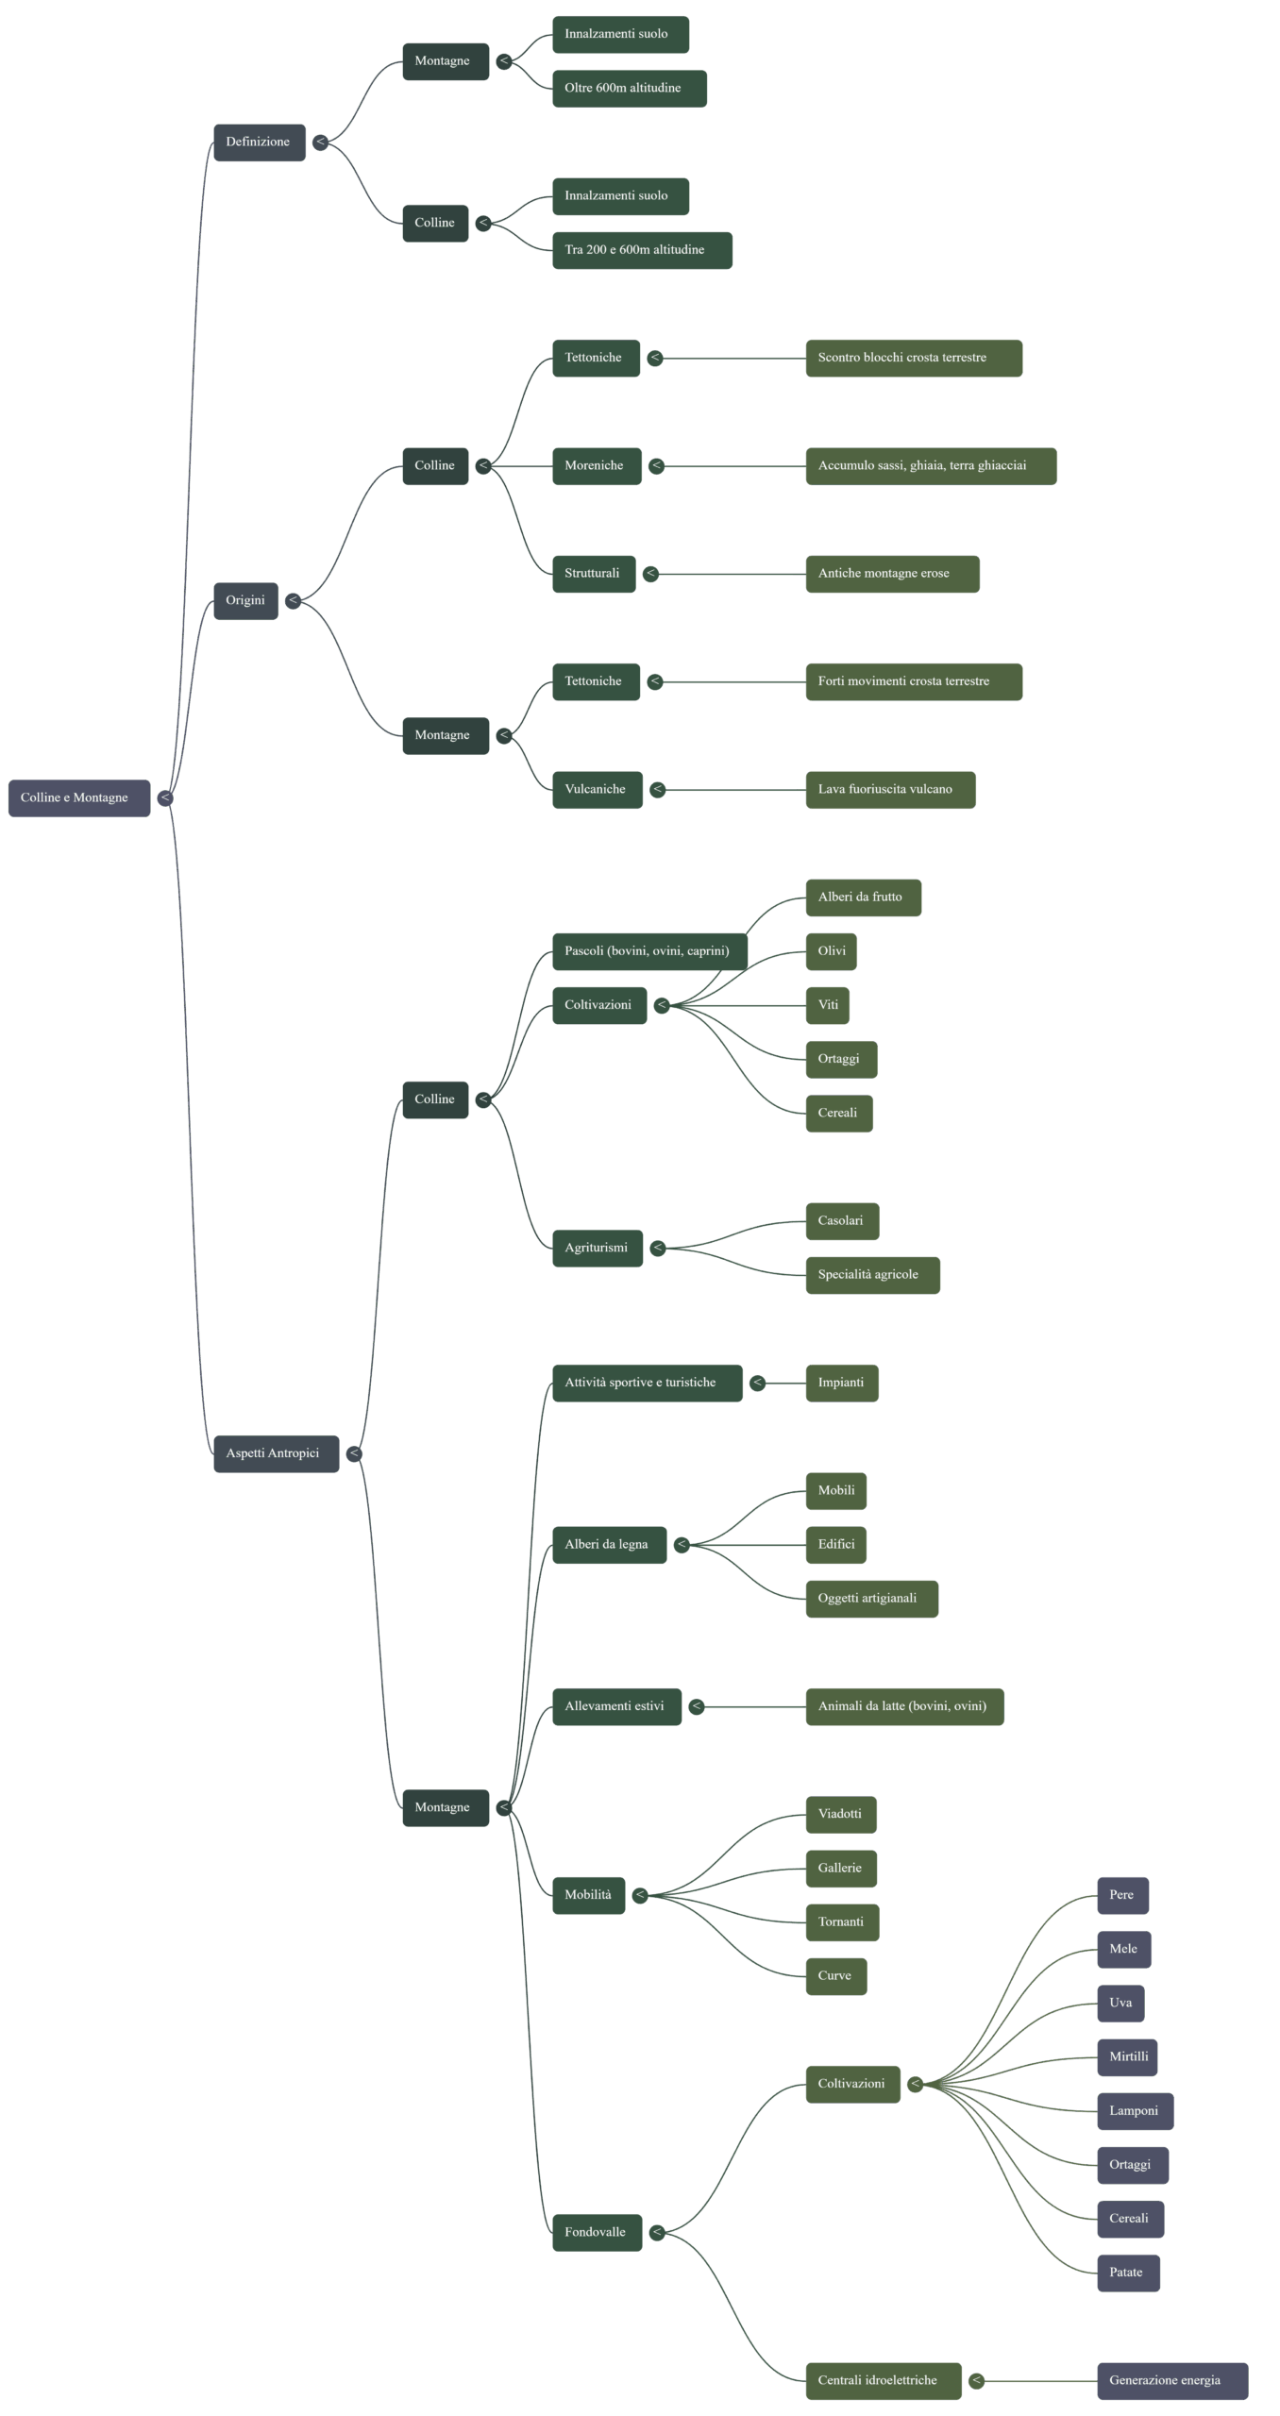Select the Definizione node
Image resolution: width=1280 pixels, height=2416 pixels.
[x=259, y=143]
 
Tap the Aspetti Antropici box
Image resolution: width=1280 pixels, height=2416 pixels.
[x=276, y=1453]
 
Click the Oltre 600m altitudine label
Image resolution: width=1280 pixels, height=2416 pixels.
[x=629, y=89]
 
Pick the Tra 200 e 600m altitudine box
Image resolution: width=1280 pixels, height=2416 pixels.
[x=641, y=250]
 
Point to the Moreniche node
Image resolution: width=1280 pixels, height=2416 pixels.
[x=596, y=466]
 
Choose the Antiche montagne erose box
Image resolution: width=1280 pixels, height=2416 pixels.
[x=891, y=574]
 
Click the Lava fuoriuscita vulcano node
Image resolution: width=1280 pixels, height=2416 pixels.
[x=889, y=790]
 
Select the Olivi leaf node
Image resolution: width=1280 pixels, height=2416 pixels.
[x=831, y=951]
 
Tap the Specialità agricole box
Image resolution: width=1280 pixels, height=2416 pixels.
[x=871, y=1275]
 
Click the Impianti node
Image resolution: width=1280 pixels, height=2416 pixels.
[x=841, y=1383]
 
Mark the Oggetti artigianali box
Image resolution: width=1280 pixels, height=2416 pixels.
[x=870, y=1599]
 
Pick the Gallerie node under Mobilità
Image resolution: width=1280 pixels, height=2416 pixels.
[x=840, y=1869]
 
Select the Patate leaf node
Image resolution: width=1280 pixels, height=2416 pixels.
[x=1127, y=2273]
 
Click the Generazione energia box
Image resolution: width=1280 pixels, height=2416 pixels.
[x=1171, y=2381]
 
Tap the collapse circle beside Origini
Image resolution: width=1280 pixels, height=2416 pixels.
[x=294, y=601]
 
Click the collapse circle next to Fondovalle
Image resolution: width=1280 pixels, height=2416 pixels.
[x=657, y=2233]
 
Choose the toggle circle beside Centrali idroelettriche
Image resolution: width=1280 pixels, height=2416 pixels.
[x=977, y=2381]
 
